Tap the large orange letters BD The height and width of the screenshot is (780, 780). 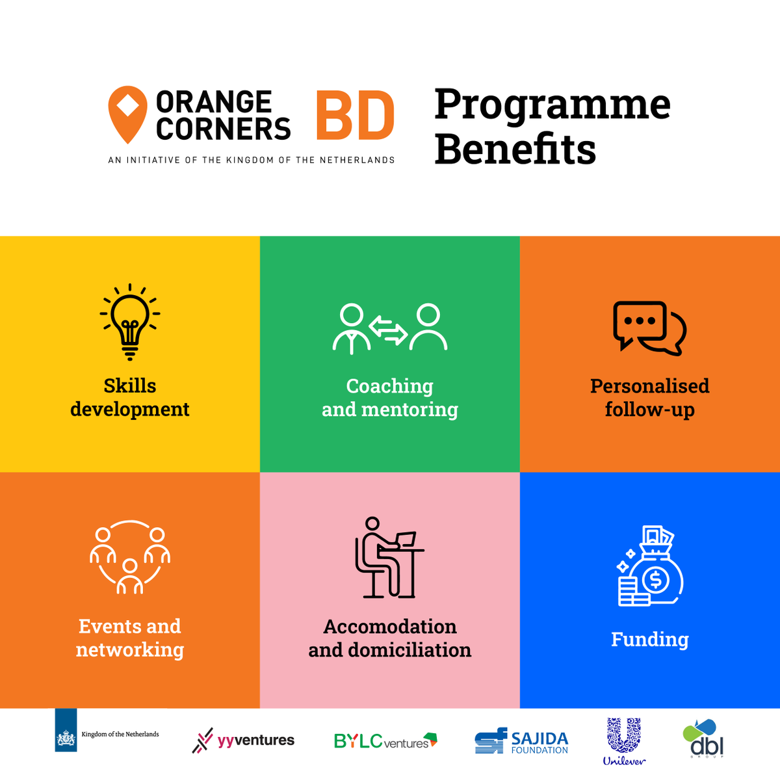[356, 116]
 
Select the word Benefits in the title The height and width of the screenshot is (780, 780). [515, 149]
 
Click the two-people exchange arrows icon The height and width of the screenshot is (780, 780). [389, 329]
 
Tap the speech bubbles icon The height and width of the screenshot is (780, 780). [649, 328]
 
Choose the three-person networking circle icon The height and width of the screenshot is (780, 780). [130, 557]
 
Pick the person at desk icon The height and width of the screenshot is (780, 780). [389, 557]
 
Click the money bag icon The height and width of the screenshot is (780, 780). [650, 567]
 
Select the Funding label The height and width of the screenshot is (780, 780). [649, 640]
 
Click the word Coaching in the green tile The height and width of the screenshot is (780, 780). [389, 386]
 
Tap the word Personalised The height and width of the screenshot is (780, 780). [649, 386]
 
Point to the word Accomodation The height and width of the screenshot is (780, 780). [390, 627]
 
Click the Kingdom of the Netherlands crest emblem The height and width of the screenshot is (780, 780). [66, 739]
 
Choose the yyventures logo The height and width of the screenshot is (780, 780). [243, 740]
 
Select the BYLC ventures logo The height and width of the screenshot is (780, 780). [385, 740]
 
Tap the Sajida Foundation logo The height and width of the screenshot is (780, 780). [521, 741]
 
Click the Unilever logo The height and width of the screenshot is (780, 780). [624, 742]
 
